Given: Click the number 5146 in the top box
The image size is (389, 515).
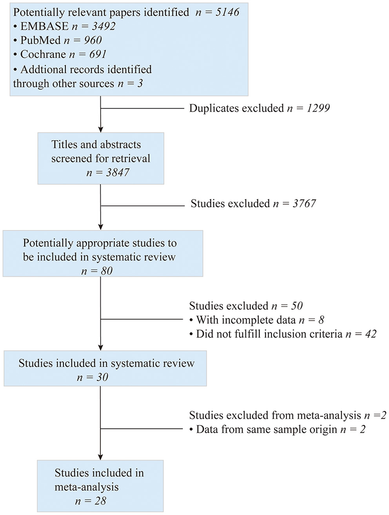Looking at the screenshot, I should coord(227,12).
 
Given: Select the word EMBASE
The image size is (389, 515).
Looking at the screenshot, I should coord(44,26).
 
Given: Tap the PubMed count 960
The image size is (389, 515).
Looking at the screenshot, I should coord(93,40).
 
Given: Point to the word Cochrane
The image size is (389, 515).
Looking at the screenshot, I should coord(43,54).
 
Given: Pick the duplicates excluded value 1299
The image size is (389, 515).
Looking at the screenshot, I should coord(318,108).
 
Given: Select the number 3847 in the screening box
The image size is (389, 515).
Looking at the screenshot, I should coord(118,172).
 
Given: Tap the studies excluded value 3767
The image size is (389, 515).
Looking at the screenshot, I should coord(304,203).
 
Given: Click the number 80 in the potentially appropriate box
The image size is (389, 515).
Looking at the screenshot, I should coord(107,271).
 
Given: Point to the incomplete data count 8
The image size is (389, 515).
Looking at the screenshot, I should coord(321,320).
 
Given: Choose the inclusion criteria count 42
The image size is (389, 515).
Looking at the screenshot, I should coord(371,334).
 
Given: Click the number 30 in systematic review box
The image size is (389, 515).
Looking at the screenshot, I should coord(102,377).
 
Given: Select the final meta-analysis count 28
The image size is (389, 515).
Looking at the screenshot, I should coord(100,501).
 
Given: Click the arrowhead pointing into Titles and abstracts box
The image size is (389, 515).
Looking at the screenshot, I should coord(101,129).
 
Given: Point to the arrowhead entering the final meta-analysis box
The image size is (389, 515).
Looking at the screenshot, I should coord(101,457).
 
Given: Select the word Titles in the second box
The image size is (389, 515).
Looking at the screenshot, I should coord(64,145).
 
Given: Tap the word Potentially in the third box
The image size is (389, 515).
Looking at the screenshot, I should coord(48,243).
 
